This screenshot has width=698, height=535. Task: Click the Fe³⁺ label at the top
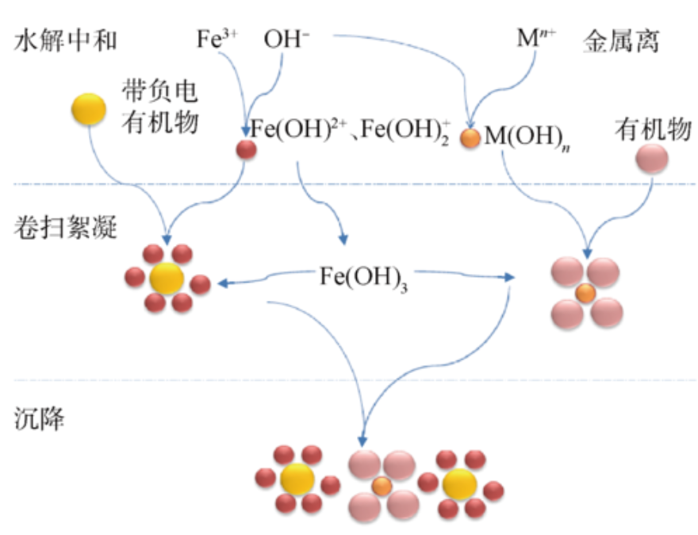217,39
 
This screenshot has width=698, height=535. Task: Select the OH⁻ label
286,39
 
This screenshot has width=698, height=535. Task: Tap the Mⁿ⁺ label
536,37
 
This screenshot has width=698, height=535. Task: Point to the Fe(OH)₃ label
363,279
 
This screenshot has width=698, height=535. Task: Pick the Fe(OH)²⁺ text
298,129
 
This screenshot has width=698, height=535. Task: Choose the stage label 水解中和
65,41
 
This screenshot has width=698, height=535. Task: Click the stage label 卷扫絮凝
65,227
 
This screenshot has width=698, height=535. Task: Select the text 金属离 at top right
620,41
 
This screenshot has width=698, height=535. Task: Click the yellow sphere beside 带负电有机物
89,109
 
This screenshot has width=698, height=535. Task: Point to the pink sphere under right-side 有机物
652,159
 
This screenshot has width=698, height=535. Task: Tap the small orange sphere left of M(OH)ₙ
470,138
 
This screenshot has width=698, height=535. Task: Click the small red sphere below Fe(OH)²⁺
246,149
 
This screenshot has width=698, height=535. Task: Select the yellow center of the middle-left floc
167,279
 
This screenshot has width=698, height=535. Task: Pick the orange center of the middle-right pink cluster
585,294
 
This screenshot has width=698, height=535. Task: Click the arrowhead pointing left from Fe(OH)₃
223,283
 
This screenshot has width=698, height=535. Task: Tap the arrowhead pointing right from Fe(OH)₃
509,277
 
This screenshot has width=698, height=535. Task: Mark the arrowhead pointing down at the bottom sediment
362,441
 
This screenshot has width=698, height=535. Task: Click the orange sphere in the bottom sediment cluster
382,487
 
